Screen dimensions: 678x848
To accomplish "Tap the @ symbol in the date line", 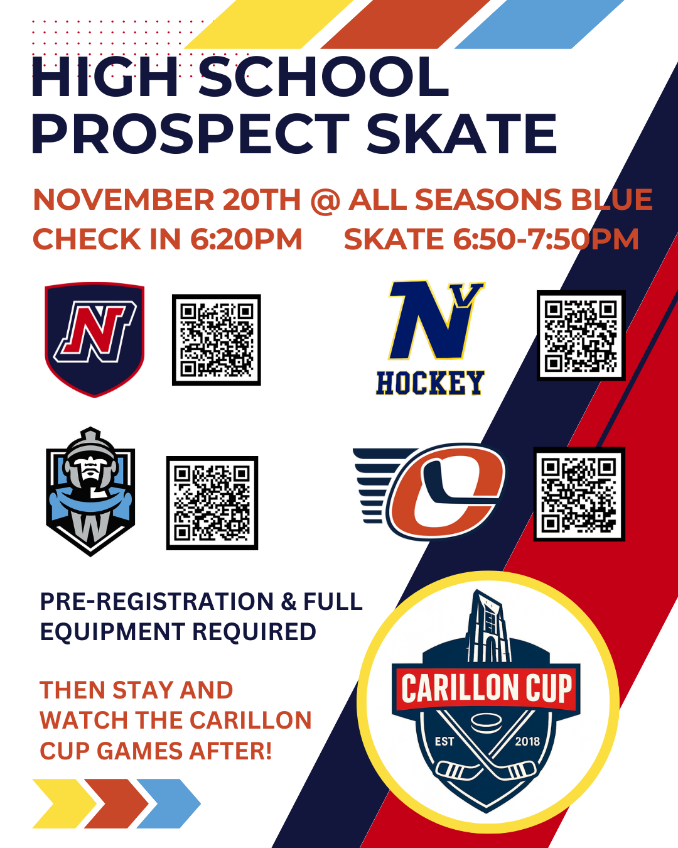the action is click(x=325, y=200).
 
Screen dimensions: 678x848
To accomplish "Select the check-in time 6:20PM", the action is click(x=246, y=239).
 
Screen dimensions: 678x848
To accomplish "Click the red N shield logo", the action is click(x=95, y=339).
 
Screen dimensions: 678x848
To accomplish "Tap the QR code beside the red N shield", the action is click(x=217, y=340).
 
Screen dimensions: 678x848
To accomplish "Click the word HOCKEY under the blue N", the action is click(x=430, y=383).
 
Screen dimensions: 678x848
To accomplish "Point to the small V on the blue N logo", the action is click(x=470, y=295).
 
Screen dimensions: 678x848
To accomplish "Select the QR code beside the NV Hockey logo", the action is click(x=581, y=335).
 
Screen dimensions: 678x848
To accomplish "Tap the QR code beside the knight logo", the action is click(x=212, y=503).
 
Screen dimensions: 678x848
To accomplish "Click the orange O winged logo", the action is click(x=429, y=491).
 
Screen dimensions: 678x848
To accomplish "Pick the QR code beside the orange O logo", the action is click(x=579, y=494).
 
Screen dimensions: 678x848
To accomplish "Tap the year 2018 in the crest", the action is click(x=527, y=742).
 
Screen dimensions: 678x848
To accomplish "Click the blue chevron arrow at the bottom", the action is click(x=169, y=803).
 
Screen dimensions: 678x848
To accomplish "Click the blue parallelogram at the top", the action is click(x=539, y=24).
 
